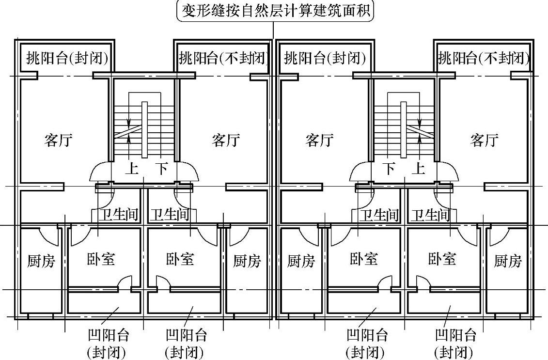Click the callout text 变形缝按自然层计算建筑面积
click(x=275, y=10)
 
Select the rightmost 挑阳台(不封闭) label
click(x=483, y=59)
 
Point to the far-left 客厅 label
click(x=58, y=141)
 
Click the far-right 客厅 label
click(x=484, y=141)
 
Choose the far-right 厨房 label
click(x=508, y=262)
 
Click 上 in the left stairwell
click(x=132, y=169)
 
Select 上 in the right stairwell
click(x=418, y=169)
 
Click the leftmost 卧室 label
click(x=101, y=259)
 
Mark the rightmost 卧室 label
click(x=442, y=259)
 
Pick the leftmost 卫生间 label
click(x=119, y=215)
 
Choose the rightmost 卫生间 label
click(x=431, y=215)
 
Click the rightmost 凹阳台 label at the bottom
click(x=455, y=335)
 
